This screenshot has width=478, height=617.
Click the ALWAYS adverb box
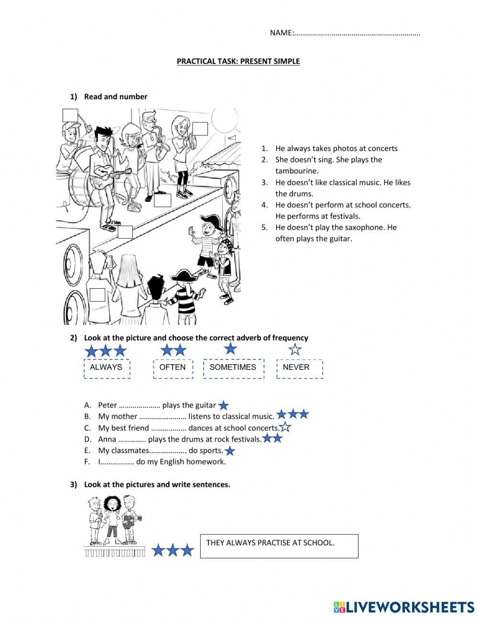coord(107,368)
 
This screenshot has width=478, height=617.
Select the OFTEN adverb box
coord(173,368)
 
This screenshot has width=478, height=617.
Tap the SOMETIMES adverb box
coord(233,368)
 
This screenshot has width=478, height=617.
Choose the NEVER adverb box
coord(299,368)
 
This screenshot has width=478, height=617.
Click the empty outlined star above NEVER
coord(295,349)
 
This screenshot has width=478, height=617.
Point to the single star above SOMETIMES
coord(230,348)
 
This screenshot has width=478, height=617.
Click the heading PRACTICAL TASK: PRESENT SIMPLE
coord(238,61)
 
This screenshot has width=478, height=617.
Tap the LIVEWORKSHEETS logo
coord(404,607)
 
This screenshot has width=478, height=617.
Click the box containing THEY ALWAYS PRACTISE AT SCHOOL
coord(279,546)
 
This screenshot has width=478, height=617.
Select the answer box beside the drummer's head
coord(70,116)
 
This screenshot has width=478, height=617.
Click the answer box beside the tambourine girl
coord(200,129)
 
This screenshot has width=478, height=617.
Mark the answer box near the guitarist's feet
coord(125,232)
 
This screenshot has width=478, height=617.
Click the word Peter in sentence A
coord(107,405)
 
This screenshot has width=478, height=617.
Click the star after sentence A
coord(223,406)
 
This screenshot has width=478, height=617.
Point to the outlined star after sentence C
coord(285,427)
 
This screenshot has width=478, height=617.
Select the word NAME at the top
coord(281,32)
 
